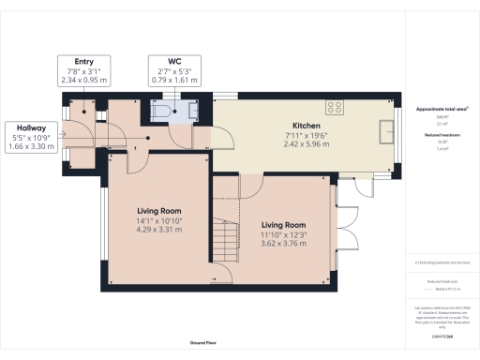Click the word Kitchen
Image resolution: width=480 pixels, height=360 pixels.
307,126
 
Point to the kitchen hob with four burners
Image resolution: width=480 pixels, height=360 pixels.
336,106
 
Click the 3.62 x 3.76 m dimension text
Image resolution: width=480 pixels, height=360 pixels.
284,244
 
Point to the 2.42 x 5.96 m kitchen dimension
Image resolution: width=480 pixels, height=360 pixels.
307,144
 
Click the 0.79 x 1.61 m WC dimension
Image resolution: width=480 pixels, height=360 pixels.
171,81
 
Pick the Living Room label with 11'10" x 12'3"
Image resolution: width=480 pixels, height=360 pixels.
284,225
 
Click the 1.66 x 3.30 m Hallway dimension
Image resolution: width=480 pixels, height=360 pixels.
30,146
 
